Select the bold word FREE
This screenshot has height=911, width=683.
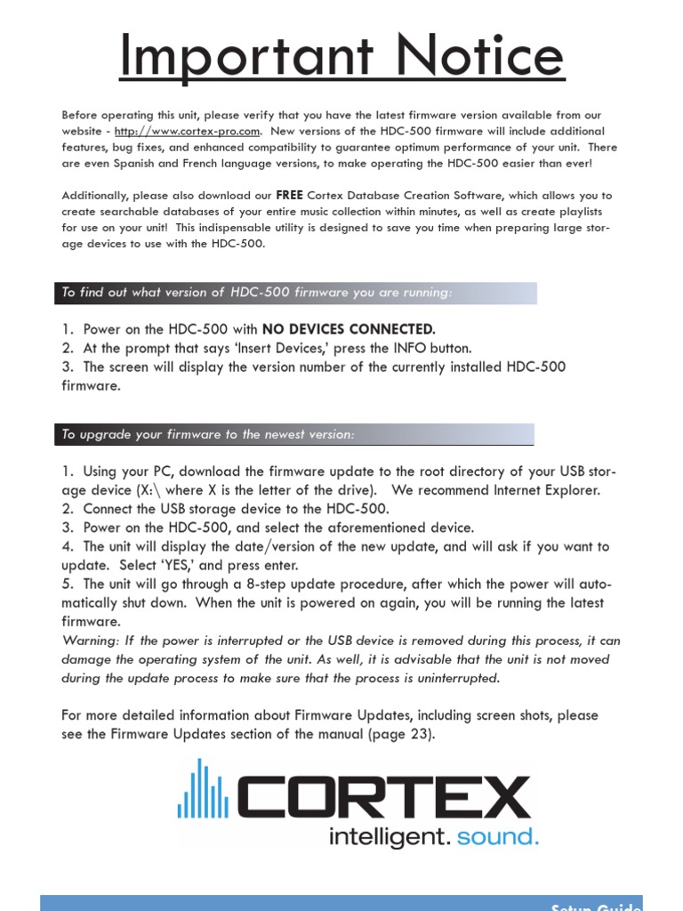[290, 195]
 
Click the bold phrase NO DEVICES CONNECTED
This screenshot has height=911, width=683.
[349, 329]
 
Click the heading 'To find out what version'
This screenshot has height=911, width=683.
[256, 293]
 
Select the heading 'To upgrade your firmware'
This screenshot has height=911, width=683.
[207, 434]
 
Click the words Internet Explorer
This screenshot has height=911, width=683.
[547, 490]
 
